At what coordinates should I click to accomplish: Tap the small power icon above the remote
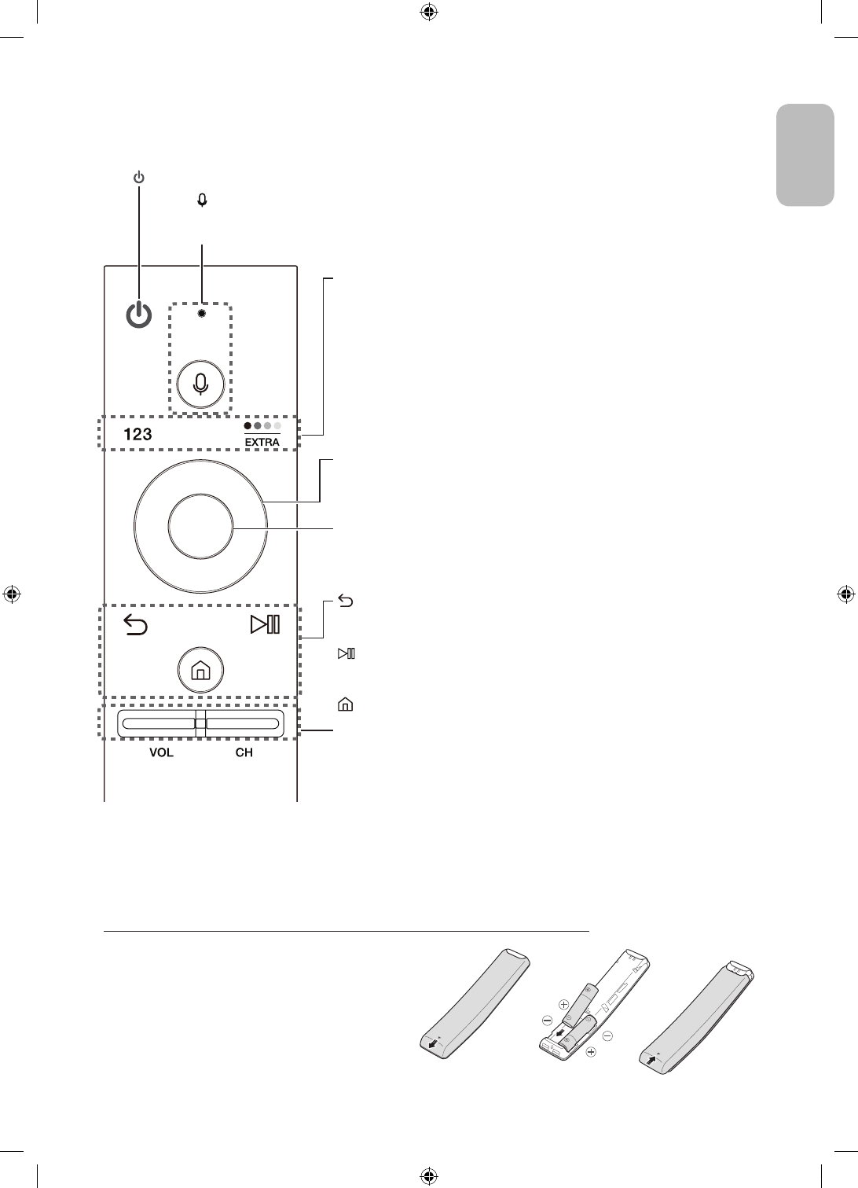click(x=138, y=178)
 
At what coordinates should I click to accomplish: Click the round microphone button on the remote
click(x=201, y=383)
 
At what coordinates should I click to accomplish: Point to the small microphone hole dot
click(x=202, y=312)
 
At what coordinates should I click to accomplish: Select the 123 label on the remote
click(x=137, y=434)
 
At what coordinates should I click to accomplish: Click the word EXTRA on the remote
click(x=262, y=442)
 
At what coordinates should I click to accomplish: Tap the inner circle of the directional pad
click(x=200, y=527)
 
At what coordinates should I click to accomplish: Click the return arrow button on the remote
click(x=136, y=626)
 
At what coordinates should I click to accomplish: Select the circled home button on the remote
click(x=200, y=671)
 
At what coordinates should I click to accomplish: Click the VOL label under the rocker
click(x=161, y=752)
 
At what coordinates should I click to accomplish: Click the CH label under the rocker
click(x=244, y=752)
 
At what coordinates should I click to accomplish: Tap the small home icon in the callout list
click(x=344, y=705)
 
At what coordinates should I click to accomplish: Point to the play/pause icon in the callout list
click(x=346, y=653)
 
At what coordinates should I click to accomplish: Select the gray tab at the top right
click(x=805, y=155)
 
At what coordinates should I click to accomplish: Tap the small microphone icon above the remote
click(x=203, y=200)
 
